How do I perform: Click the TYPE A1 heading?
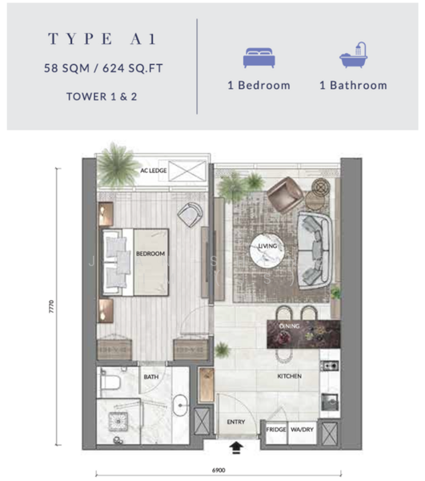click(102, 39)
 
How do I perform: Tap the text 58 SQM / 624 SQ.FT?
click(103, 68)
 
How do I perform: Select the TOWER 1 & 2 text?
click(102, 97)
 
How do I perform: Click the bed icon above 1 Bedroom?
click(259, 58)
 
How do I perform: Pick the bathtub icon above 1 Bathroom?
click(353, 55)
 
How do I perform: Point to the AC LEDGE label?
click(154, 171)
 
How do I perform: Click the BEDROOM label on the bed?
click(150, 253)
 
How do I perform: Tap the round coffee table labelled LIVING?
click(267, 251)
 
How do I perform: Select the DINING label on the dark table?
click(290, 326)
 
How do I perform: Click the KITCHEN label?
click(290, 376)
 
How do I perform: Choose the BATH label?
click(151, 377)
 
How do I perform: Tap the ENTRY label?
click(236, 422)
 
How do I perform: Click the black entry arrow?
click(236, 447)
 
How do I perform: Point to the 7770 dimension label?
click(51, 306)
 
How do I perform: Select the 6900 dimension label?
click(219, 471)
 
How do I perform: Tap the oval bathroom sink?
click(180, 405)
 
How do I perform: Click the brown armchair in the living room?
click(284, 195)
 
